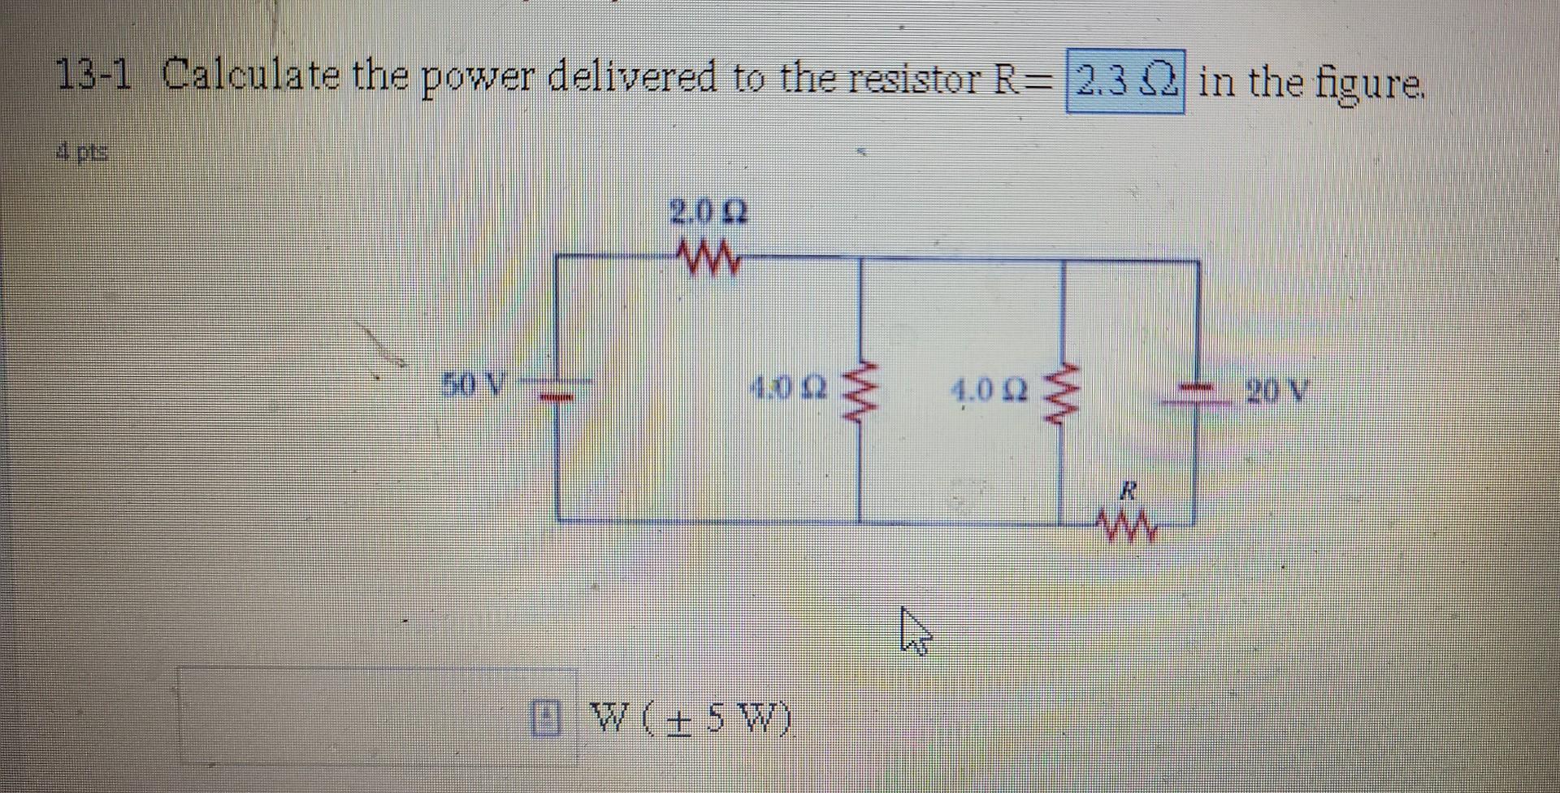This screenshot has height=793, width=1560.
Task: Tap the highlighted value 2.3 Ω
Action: (x=1124, y=81)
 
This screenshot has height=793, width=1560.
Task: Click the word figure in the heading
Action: (x=1371, y=84)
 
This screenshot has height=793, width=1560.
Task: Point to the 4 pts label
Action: (x=84, y=151)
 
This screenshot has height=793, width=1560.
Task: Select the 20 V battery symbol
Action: (x=1196, y=393)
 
